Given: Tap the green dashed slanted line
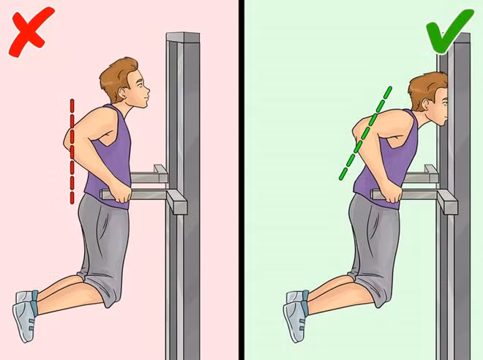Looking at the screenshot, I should [x=364, y=135].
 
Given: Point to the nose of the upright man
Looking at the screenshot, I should [x=151, y=92].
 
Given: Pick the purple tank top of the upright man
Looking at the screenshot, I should [x=110, y=157].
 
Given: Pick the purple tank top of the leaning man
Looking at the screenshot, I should [x=388, y=157].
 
